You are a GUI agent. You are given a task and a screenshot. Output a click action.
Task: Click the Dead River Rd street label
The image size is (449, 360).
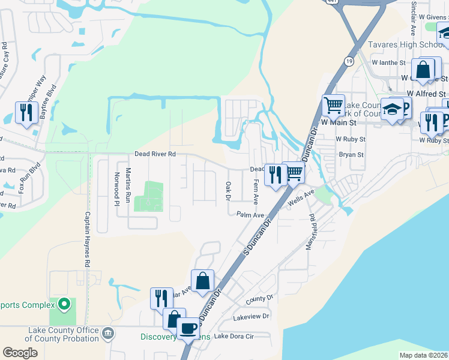click(x=155, y=154)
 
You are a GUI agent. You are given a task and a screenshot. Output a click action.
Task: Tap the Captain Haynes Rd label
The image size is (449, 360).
click(x=87, y=239)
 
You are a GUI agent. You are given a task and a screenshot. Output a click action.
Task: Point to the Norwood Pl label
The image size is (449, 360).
click(x=117, y=189)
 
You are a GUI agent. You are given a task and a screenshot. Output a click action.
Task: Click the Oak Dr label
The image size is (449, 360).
click(x=228, y=191)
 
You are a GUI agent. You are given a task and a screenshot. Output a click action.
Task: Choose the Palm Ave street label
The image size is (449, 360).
click(x=250, y=215)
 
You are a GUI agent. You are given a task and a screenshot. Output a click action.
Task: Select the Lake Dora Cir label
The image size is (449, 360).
click(x=234, y=337)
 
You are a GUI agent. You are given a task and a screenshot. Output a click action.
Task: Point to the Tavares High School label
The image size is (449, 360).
click(x=405, y=45)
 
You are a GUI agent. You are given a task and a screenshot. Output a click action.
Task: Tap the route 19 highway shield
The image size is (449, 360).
click(x=349, y=61)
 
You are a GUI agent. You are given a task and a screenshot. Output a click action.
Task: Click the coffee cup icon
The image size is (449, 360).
click(x=189, y=329)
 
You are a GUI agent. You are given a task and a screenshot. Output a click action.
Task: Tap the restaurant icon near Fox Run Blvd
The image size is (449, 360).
click(x=26, y=112)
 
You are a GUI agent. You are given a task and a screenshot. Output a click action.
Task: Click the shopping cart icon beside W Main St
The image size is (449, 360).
click(x=333, y=106)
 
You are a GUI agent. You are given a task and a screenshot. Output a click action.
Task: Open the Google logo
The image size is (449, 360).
click(x=20, y=352)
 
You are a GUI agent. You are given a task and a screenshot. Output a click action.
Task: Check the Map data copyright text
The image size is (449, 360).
click(x=424, y=355)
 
